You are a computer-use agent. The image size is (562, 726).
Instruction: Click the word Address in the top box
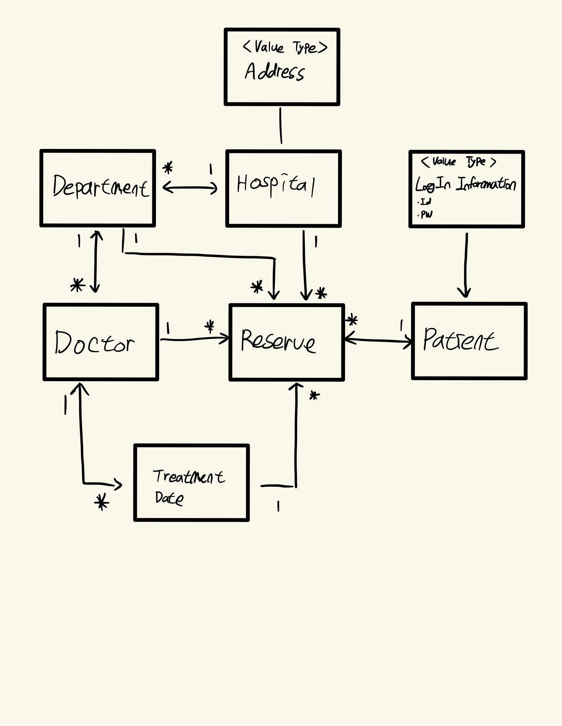pos(274,72)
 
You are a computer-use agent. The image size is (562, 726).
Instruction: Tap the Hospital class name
pos(276,185)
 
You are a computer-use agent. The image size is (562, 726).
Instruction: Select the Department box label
pos(100,186)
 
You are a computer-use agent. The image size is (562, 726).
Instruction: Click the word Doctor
pos(95,343)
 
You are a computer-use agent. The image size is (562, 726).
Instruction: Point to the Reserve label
pos(278,341)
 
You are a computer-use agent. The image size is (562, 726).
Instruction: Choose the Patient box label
pos(461,340)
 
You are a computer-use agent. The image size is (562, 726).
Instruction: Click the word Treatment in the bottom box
pos(189,477)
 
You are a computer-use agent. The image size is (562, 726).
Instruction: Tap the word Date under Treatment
pos(169,498)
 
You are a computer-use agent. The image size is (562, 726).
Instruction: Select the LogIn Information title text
pos(465,184)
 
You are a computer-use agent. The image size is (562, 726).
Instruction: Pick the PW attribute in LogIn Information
pos(426,214)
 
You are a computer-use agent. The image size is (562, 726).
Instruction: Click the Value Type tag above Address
pos(285,47)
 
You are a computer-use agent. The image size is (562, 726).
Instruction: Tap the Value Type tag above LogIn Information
pos(459,162)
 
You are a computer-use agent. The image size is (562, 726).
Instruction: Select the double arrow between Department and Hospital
pos(190,188)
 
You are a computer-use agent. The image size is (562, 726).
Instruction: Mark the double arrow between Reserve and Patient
pos(378,340)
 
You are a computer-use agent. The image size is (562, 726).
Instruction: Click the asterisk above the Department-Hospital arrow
pos(167,168)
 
